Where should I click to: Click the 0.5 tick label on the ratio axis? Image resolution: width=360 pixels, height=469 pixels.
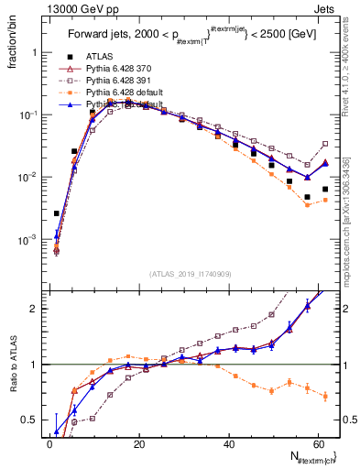click(27, 420)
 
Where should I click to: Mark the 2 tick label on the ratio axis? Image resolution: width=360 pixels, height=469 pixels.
click(34, 309)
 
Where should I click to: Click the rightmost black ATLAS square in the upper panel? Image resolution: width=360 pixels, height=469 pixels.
click(325, 190)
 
